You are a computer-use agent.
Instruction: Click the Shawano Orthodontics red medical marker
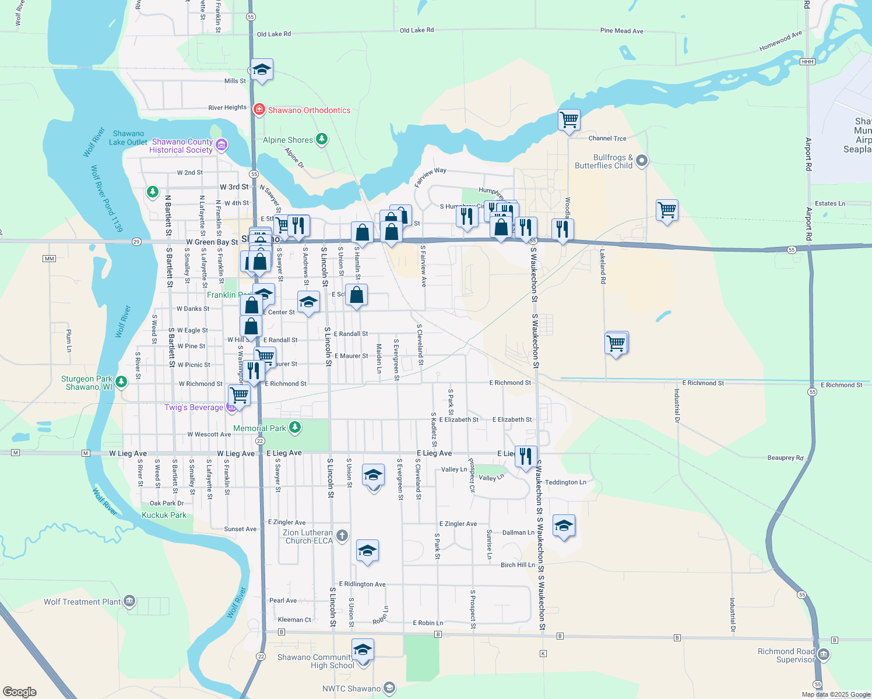(x=259, y=110)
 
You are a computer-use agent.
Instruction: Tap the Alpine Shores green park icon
(x=321, y=139)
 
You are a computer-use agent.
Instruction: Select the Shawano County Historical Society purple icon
(x=221, y=145)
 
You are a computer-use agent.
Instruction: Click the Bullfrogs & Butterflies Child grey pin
(x=642, y=161)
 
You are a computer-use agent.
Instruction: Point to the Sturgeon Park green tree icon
(x=121, y=382)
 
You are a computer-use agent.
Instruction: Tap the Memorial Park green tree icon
(x=295, y=428)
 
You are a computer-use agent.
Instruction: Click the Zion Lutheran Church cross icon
(x=342, y=535)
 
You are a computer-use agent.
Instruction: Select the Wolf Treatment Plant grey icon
(x=129, y=601)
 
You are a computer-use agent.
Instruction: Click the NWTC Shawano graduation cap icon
(x=389, y=688)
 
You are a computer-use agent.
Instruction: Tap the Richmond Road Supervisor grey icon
(x=823, y=655)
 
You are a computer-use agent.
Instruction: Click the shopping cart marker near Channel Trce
(x=569, y=120)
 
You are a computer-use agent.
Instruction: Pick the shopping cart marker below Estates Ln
(x=666, y=210)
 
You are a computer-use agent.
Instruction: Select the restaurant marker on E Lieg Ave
(x=526, y=457)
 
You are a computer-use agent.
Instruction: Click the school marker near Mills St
(x=262, y=69)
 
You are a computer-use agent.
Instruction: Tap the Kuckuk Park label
(x=164, y=515)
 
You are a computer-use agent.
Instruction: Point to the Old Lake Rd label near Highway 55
(x=273, y=34)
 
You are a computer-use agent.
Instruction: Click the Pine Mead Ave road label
(x=621, y=31)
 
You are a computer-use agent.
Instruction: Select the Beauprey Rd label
(x=785, y=458)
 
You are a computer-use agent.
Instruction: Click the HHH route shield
(x=807, y=62)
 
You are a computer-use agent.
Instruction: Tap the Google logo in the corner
(x=20, y=691)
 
